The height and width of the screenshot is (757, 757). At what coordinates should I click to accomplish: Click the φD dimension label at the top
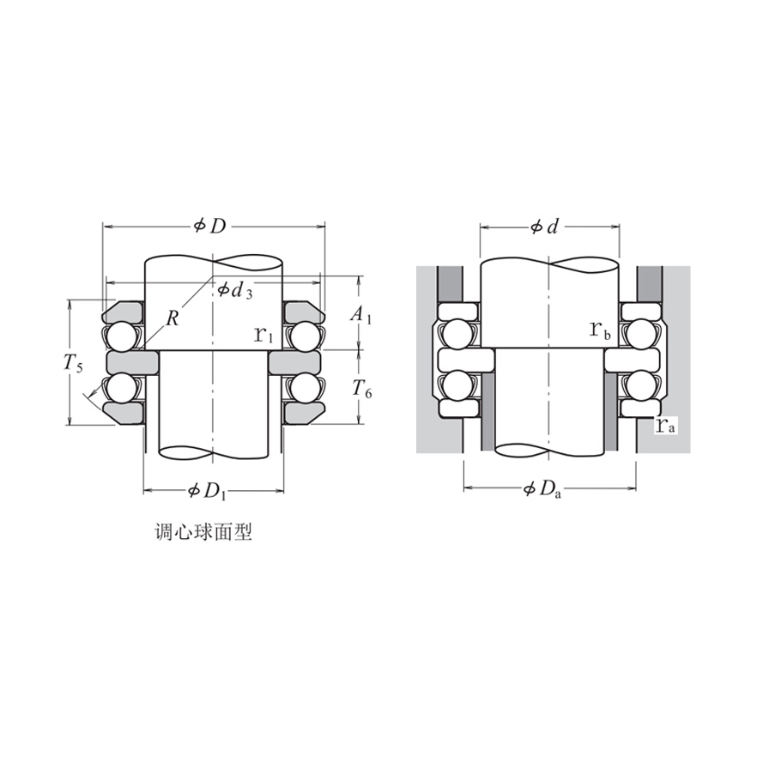[211, 226]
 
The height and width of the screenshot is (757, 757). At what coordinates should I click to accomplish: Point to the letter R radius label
[173, 318]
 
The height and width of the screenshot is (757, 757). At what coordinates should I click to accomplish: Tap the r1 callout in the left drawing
[264, 334]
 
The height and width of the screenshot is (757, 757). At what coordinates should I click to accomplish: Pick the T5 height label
[73, 364]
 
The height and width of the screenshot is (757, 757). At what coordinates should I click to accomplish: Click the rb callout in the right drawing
[600, 330]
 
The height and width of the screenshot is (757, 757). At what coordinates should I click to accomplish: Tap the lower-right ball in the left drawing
[302, 388]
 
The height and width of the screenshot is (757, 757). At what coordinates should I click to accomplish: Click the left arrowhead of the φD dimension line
[107, 227]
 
